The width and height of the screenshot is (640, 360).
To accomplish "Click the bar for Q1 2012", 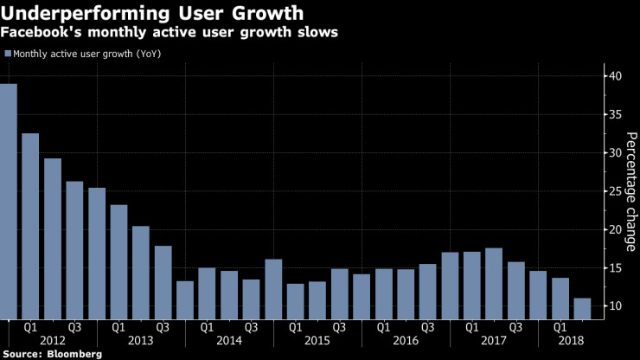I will coord(30,225).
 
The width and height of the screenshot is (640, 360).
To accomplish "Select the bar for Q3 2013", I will coord(163,281).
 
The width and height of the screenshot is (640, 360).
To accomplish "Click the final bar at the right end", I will coord(582,308).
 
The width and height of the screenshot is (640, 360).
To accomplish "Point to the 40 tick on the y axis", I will coord(612,76).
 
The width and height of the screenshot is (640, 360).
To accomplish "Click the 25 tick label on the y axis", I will coord(612,191).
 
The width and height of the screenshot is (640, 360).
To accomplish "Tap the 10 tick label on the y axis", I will coord(612,306).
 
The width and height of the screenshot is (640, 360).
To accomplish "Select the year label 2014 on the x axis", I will coord(229,341).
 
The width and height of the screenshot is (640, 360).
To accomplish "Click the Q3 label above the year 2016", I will coord(426,328).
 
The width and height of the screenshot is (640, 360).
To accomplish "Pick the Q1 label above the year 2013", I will coord(119,328).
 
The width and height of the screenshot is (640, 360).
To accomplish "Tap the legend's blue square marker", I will coord(9,54).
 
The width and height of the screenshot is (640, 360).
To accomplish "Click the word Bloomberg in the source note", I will coord(73,354).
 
